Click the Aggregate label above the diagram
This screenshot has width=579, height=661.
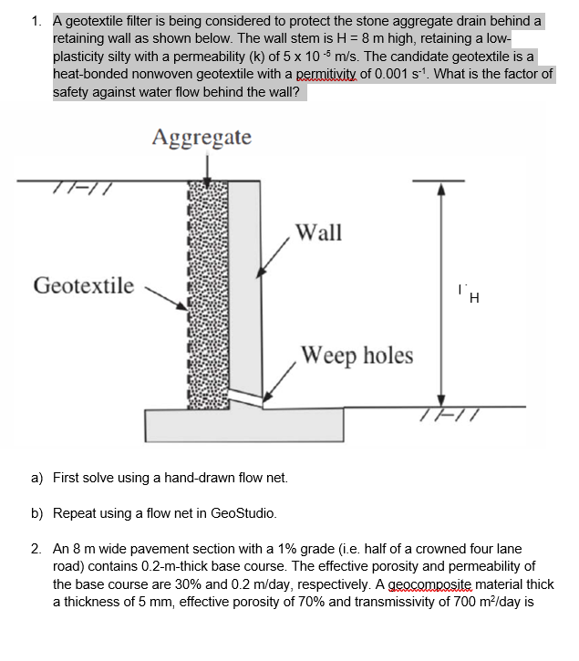point(202,138)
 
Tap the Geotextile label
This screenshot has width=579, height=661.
point(83,286)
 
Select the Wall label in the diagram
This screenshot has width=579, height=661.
point(319,232)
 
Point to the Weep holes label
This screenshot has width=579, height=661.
point(357,355)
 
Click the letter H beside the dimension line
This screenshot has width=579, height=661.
point(472,296)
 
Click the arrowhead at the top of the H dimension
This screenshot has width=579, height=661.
point(439,190)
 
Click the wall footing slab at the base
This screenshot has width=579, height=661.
point(244,423)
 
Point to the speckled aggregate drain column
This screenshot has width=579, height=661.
point(208,292)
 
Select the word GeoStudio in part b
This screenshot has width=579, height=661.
point(243,514)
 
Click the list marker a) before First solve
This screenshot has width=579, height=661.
point(37,478)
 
